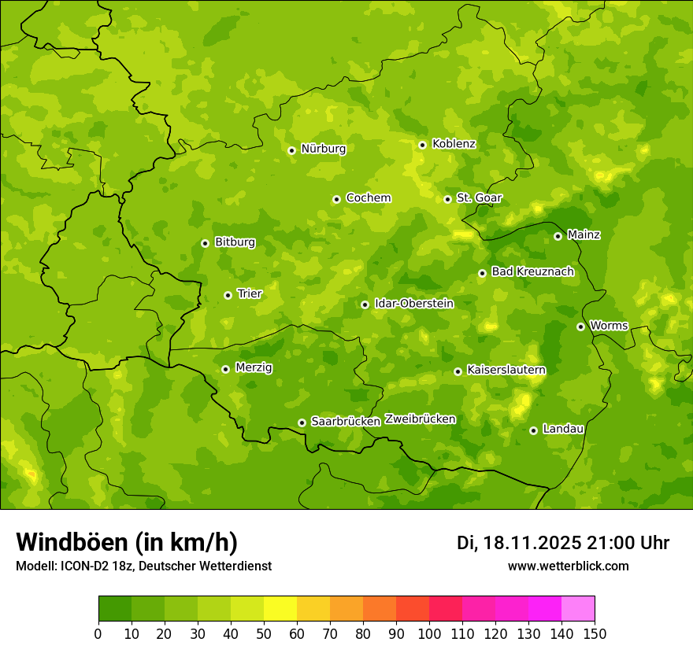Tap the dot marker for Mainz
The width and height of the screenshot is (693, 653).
558,236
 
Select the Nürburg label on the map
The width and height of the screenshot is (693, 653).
323,149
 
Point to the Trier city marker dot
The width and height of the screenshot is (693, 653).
228,295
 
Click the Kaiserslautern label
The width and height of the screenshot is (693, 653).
506,370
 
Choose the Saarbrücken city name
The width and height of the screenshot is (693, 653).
346,422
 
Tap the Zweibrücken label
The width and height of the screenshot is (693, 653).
420,419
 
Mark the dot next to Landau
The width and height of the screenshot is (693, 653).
533,430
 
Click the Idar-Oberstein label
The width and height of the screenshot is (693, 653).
413,304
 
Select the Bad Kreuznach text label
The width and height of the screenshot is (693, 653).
532,272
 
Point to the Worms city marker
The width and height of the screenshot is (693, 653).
580,326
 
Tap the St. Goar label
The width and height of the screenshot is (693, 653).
479,198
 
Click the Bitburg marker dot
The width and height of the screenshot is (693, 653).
205,243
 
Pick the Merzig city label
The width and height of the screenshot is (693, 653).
254,367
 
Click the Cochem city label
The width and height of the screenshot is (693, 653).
368,198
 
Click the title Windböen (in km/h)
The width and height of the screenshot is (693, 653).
126,542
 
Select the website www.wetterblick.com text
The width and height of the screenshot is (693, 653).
568,566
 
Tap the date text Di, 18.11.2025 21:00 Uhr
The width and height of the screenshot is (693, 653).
562,543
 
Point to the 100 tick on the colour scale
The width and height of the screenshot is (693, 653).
429,633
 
